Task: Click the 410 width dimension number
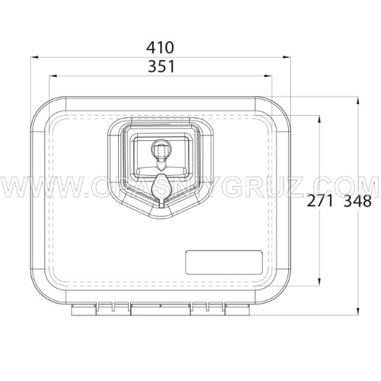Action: click(x=160, y=47)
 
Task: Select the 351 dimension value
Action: click(x=162, y=66)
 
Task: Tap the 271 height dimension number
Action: click(x=320, y=201)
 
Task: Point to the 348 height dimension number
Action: click(x=357, y=201)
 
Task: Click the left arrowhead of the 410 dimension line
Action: click(x=34, y=57)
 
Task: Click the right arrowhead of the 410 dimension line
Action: click(x=287, y=57)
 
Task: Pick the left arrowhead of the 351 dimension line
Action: click(x=53, y=75)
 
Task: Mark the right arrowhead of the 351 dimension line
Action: click(x=268, y=75)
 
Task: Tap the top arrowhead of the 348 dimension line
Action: click(x=357, y=101)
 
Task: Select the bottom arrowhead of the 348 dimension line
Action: click(x=357, y=311)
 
